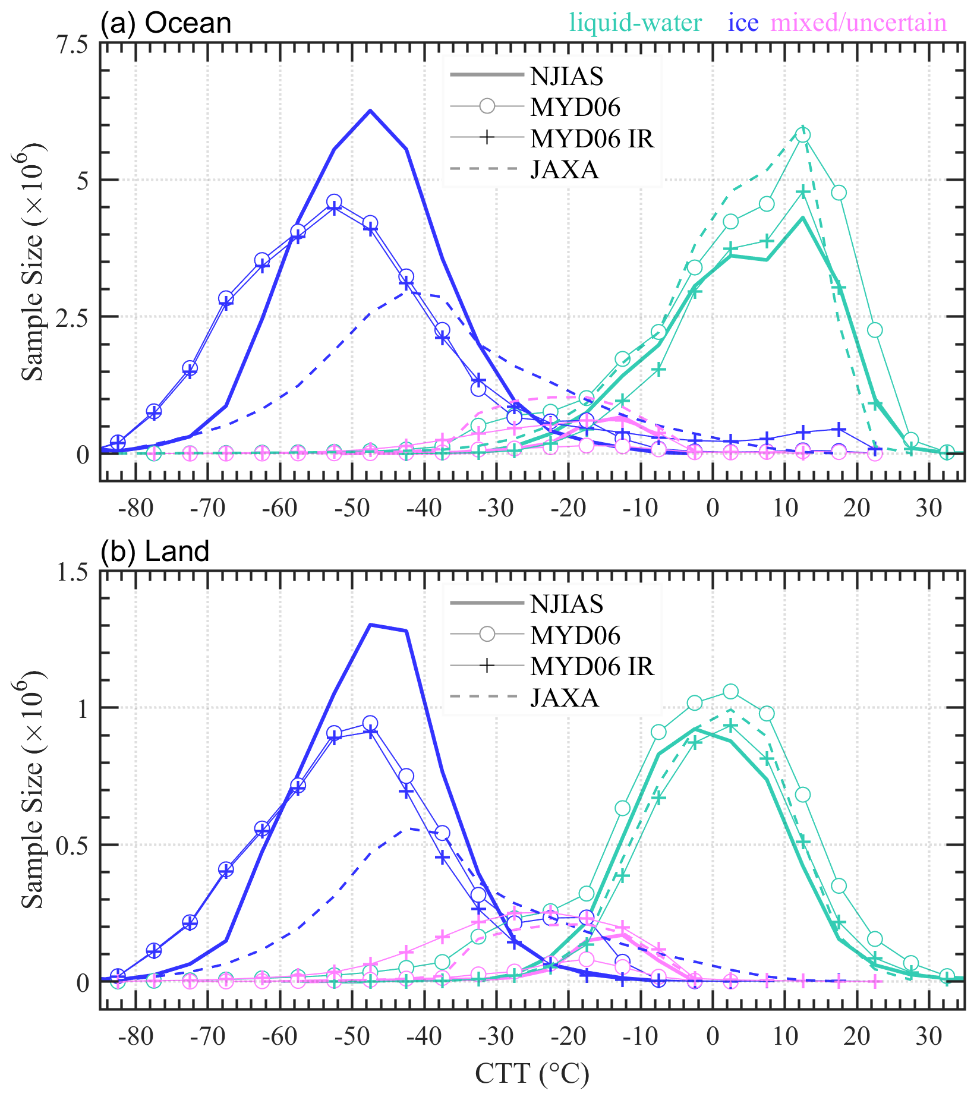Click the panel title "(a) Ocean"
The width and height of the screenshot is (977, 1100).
[x=166, y=24]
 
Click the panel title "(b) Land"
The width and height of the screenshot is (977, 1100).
[x=155, y=551]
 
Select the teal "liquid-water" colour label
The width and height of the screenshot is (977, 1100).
[x=636, y=23]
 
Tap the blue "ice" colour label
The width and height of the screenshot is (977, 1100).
[x=743, y=23]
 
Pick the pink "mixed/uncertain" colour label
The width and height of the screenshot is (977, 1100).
[x=858, y=23]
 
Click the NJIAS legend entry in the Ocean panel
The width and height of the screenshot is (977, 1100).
[x=566, y=76]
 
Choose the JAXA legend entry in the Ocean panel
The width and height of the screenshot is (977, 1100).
[x=564, y=170]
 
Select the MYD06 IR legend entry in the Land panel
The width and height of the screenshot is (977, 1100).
[x=592, y=667]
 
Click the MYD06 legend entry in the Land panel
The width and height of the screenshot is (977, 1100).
[x=575, y=635]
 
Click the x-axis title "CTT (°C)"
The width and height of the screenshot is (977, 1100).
[x=532, y=1074]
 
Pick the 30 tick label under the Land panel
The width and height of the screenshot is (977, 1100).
[x=928, y=1037]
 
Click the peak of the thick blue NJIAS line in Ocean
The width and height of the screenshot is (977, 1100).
[x=370, y=111]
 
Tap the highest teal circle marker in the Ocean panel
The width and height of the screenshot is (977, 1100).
[x=803, y=135]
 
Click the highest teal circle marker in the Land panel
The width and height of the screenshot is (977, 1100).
[x=731, y=692]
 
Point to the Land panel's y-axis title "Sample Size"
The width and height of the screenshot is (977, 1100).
[x=33, y=790]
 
